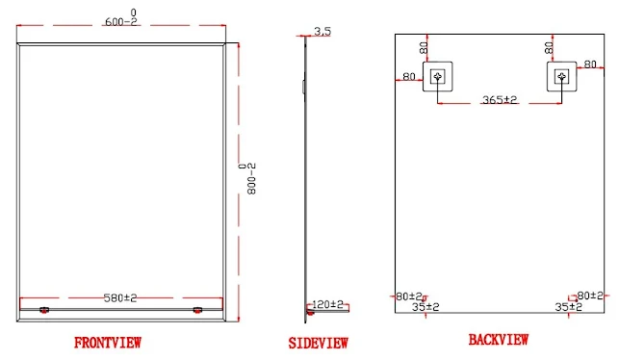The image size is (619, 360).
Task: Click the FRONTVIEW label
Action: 108,343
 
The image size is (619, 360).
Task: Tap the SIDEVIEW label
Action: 319,343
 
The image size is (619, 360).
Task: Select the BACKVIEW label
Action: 499,340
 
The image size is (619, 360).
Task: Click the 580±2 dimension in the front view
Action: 120,297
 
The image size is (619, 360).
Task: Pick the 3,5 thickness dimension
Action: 322,31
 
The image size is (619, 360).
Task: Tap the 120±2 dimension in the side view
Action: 327,305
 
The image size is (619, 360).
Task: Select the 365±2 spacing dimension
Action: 500,99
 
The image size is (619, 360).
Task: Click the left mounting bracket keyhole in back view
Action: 437,77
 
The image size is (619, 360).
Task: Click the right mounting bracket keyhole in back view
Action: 562,77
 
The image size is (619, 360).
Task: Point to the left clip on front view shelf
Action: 44,310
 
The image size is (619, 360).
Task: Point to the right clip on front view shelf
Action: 197,310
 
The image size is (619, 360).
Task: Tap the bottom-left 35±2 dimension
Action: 426,307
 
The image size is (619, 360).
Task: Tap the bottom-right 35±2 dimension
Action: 569,307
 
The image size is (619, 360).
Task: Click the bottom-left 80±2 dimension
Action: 409,296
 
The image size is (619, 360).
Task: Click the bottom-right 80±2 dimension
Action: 590,296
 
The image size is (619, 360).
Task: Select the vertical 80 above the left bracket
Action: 424,48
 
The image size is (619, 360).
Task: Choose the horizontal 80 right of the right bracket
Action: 590,64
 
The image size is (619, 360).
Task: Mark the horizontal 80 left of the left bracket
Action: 409,76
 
